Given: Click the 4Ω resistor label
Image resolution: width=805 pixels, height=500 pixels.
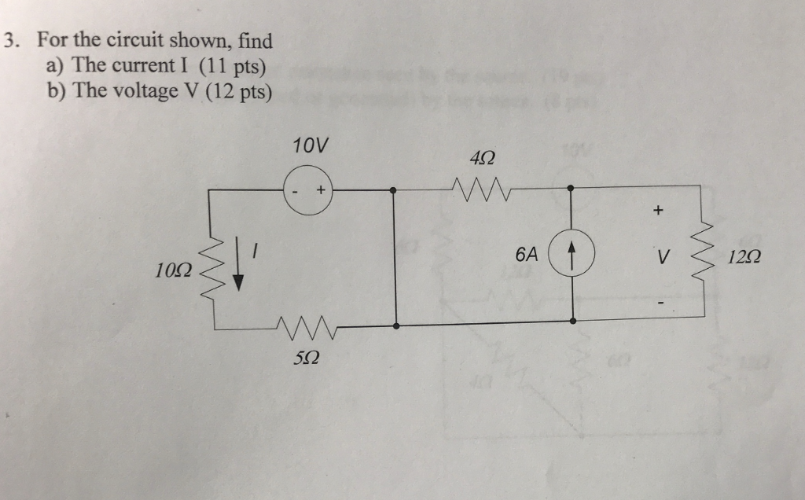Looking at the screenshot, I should click(481, 160).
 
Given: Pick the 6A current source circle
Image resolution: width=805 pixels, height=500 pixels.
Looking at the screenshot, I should click(572, 255).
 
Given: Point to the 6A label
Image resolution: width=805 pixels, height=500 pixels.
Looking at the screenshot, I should click(527, 255).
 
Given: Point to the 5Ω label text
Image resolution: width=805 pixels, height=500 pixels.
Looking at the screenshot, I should click(307, 358).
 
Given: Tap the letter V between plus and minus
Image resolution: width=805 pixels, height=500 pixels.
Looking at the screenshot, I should click(663, 256).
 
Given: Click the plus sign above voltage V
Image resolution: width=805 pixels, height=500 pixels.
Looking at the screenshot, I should click(658, 211).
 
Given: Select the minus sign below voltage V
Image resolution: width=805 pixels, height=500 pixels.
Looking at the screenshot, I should click(660, 300).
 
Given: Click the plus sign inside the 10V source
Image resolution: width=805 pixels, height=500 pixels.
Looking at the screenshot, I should click(321, 190).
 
